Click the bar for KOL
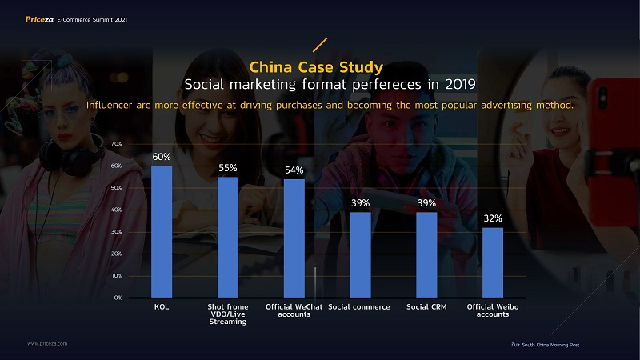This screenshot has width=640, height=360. click(162, 231)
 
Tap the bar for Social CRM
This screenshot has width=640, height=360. click(426, 254)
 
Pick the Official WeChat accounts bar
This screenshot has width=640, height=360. click(294, 238)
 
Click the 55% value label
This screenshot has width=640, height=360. click(228, 168)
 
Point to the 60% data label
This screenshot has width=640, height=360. click(162, 158)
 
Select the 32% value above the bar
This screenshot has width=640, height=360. click(493, 218)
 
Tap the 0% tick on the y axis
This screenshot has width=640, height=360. click(117, 298)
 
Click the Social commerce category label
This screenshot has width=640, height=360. click(359, 306)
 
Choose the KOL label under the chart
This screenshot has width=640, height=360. click(162, 306)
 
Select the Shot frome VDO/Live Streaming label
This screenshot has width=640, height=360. click(228, 314)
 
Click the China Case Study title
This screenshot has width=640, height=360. click(317, 66)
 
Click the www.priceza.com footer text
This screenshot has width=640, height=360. click(47, 342)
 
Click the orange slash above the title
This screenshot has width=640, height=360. click(319, 44)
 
